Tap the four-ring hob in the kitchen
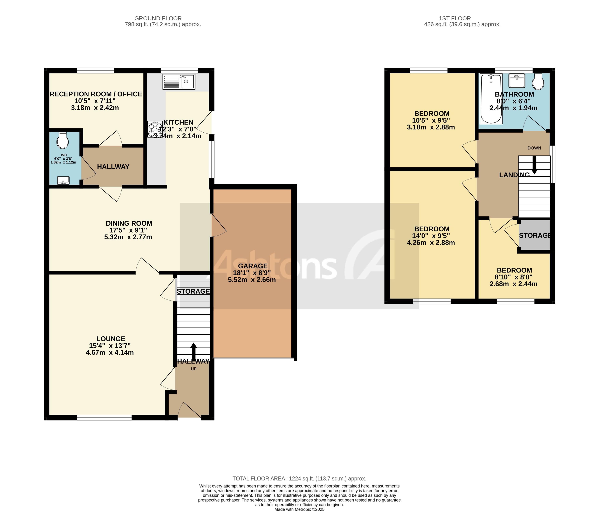(155, 129)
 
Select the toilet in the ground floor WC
(63, 141)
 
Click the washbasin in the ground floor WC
(63, 180)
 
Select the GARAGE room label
(253, 266)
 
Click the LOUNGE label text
(111, 339)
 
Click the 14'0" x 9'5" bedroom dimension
(431, 236)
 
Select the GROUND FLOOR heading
(158, 18)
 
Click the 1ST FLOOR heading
(455, 18)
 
